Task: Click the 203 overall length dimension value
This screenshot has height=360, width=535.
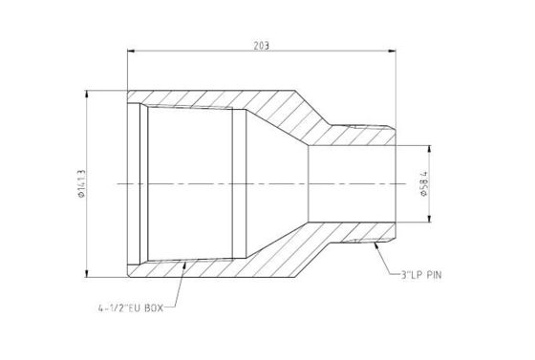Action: [262, 46]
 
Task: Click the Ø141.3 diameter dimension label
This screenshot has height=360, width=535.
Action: [81, 183]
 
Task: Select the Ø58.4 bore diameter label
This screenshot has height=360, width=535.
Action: [424, 183]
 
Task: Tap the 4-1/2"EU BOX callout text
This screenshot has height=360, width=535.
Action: [131, 308]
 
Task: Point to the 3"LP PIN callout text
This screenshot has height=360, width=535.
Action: [420, 275]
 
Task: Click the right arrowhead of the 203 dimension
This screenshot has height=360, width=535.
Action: [392, 52]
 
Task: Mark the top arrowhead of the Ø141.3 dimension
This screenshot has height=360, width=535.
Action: [87, 95]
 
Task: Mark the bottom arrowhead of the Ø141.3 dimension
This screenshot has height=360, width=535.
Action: [87, 273]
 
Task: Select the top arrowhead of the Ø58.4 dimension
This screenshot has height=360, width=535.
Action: [430, 150]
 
